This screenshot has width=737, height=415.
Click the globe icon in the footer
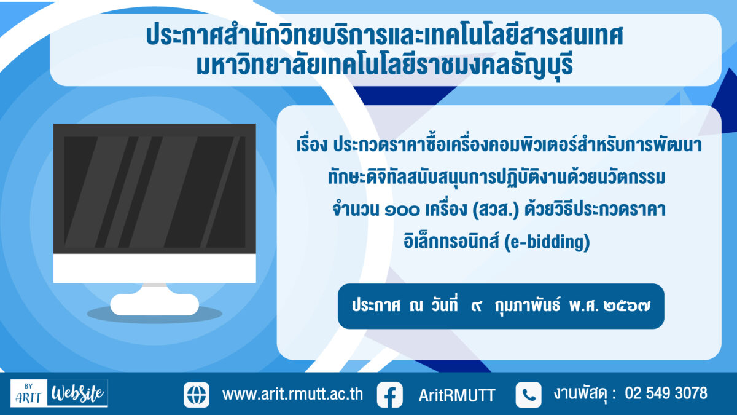coord(197,395)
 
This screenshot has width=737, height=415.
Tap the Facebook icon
coord(390,395)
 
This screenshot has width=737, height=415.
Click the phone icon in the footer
coord(528,395)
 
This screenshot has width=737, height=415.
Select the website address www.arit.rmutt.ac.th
coord(292,394)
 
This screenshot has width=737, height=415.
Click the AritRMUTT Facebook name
coord(457,395)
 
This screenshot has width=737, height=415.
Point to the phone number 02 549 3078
coord(666,393)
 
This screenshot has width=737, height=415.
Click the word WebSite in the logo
coord(78,393)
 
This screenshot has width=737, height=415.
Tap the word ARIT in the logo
coord(29,398)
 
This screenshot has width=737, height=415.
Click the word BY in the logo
coord(29,386)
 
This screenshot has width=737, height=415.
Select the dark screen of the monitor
coord(155,192)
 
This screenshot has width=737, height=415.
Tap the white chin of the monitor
coord(155,268)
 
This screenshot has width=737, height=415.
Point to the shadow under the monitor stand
coord(155,315)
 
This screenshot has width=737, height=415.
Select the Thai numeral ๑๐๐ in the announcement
coord(402,210)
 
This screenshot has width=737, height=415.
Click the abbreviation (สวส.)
coord(496,210)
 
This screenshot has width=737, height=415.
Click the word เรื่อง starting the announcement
coord(312,145)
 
